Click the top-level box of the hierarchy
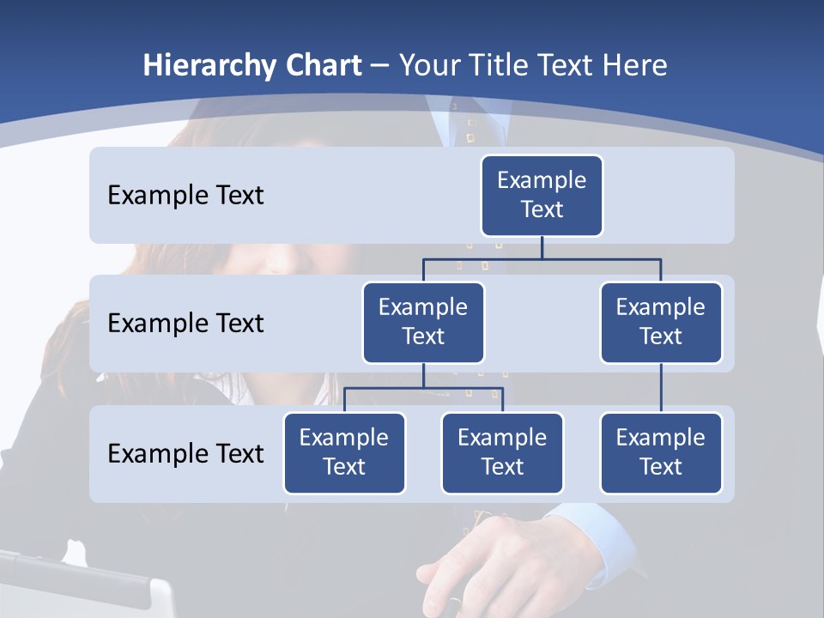pyautogui.click(x=542, y=195)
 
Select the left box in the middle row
pyautogui.click(x=423, y=322)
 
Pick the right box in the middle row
pyautogui.click(x=661, y=322)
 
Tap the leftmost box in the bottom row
pyautogui.click(x=344, y=452)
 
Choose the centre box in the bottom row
pyautogui.click(x=502, y=452)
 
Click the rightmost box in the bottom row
pyautogui.click(x=661, y=452)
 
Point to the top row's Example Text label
pyautogui.click(x=185, y=195)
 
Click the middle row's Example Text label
pyautogui.click(x=185, y=323)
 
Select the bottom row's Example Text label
pyautogui.click(x=185, y=453)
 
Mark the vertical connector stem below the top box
pyautogui.click(x=542, y=247)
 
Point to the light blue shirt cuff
pyautogui.click(x=592, y=536)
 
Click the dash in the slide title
pyautogui.click(x=380, y=65)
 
